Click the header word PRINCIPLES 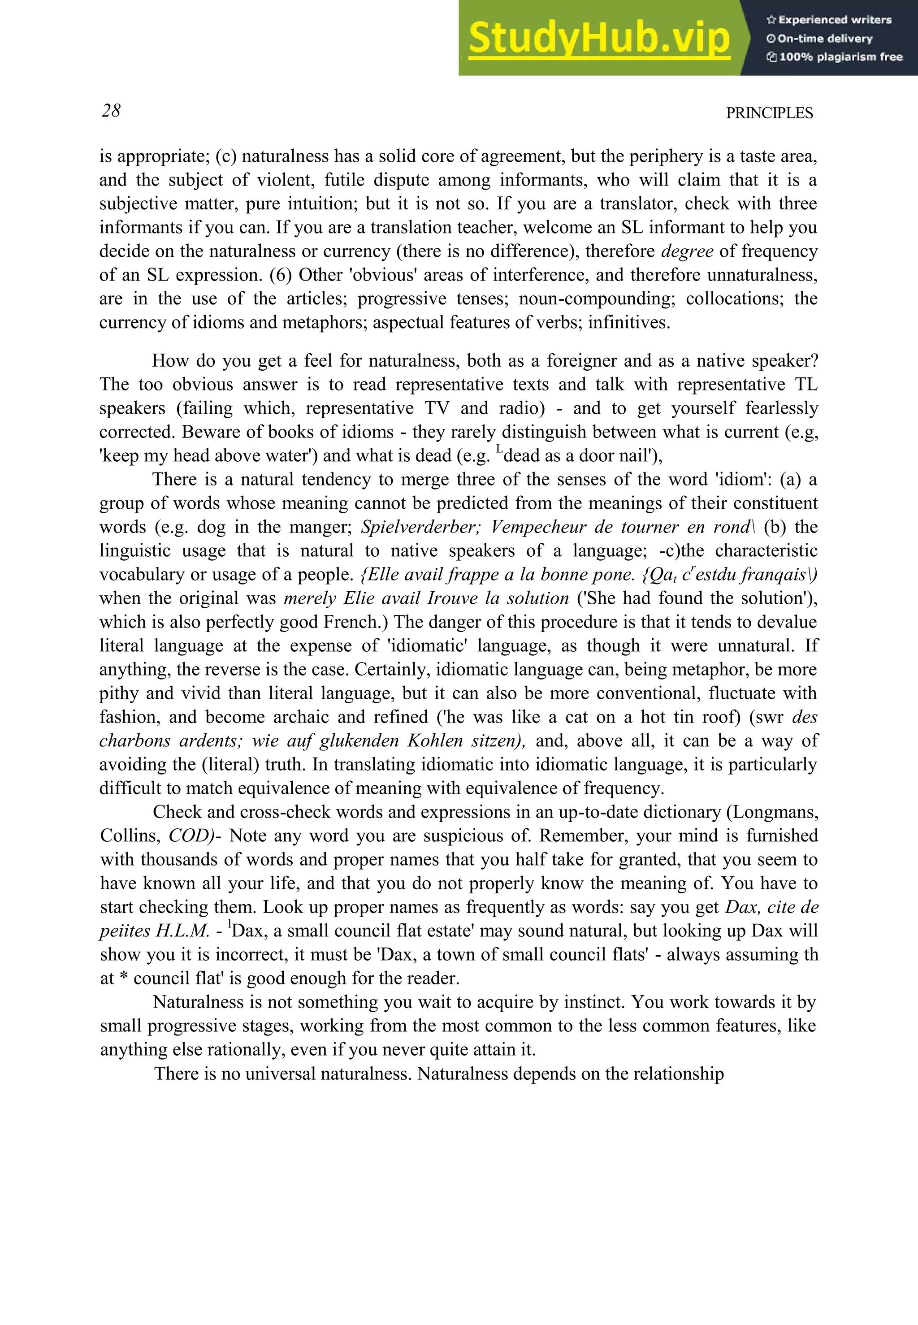point(769,113)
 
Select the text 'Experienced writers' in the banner point(834,20)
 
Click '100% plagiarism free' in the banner point(840,57)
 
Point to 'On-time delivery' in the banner point(824,39)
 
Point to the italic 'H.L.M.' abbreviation point(183,931)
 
